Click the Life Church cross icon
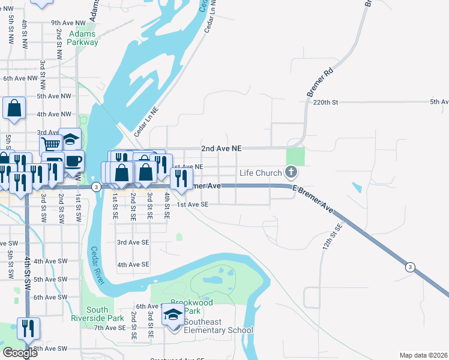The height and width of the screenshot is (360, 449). (x=291, y=173)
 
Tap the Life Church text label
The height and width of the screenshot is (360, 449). (x=261, y=173)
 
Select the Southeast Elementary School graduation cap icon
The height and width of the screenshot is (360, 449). (x=173, y=314)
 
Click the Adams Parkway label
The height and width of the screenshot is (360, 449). (x=83, y=38)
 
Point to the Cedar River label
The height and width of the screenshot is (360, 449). (x=98, y=265)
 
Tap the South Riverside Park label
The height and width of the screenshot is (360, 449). (x=97, y=314)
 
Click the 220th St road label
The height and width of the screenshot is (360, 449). (x=326, y=103)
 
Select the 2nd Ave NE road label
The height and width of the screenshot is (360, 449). (x=220, y=148)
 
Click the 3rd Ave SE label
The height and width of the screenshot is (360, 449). (x=133, y=242)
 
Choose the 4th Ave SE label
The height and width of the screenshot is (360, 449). (x=133, y=265)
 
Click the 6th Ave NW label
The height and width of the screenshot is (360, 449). (x=20, y=78)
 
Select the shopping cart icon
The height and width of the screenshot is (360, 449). (x=51, y=144)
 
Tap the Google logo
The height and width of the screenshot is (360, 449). (x=20, y=352)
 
